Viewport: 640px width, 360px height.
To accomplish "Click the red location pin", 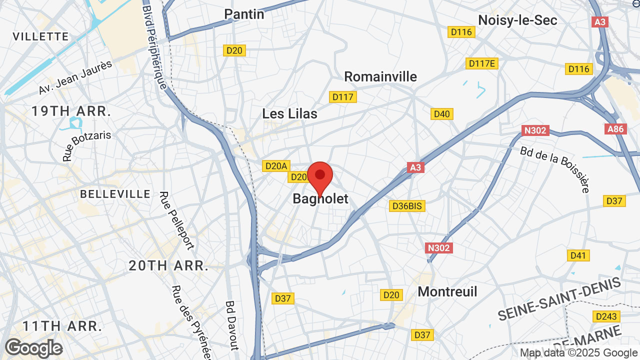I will pyautogui.click(x=320, y=176).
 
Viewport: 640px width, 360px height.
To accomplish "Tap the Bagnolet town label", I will pyautogui.click(x=320, y=199).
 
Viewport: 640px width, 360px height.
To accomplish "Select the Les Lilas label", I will pyautogui.click(x=289, y=113).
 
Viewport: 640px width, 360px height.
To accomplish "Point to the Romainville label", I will pyautogui.click(x=380, y=76).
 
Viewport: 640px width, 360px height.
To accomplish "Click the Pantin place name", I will pyautogui.click(x=244, y=14).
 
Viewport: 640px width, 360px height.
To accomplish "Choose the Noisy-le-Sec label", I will pyautogui.click(x=517, y=20).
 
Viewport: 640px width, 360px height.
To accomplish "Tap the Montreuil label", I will pyautogui.click(x=447, y=291).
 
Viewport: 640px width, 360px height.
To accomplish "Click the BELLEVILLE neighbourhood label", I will pyautogui.click(x=115, y=194).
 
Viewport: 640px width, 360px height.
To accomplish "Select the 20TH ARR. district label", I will pyautogui.click(x=168, y=265).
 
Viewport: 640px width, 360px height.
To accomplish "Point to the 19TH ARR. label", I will pyautogui.click(x=71, y=111).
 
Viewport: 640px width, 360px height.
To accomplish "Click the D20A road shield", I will pyautogui.click(x=276, y=166).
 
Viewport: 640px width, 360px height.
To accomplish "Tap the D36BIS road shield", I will pyautogui.click(x=407, y=206).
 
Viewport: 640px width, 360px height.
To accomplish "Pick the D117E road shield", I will pyautogui.click(x=482, y=63).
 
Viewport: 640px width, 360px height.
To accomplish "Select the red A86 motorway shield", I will pyautogui.click(x=615, y=129).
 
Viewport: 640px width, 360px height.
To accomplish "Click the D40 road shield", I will pyautogui.click(x=441, y=114).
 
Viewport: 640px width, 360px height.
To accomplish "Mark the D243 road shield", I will pyautogui.click(x=606, y=316).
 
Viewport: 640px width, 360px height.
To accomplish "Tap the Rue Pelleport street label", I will pyautogui.click(x=176, y=220).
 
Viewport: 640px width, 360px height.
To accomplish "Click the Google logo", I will pyautogui.click(x=33, y=348).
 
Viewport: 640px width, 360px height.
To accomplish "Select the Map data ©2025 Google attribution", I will pyautogui.click(x=578, y=352).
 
